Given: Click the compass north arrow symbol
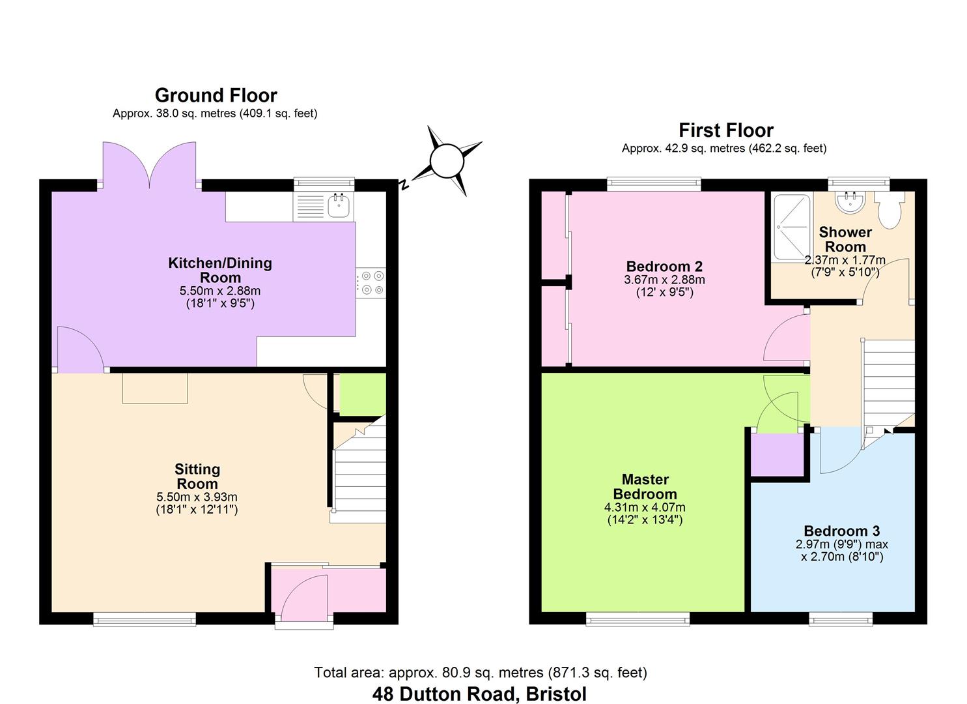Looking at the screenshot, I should point(447,160).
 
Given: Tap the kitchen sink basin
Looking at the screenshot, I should point(339,205).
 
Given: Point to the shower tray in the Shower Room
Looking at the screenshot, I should point(791,227).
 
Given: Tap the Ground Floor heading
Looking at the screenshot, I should point(216,95).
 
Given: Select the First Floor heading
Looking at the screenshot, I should point(725,130).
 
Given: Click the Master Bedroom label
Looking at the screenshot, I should point(644,486).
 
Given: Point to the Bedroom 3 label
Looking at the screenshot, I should point(841,531).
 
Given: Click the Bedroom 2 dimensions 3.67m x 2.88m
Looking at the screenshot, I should point(664,280).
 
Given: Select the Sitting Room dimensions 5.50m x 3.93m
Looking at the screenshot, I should point(197,497).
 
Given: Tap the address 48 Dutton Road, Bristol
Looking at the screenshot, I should point(479,694).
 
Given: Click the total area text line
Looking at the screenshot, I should point(480,672).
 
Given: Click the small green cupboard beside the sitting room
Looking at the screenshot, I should point(362,394).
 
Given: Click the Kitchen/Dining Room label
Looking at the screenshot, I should point(220,270).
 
